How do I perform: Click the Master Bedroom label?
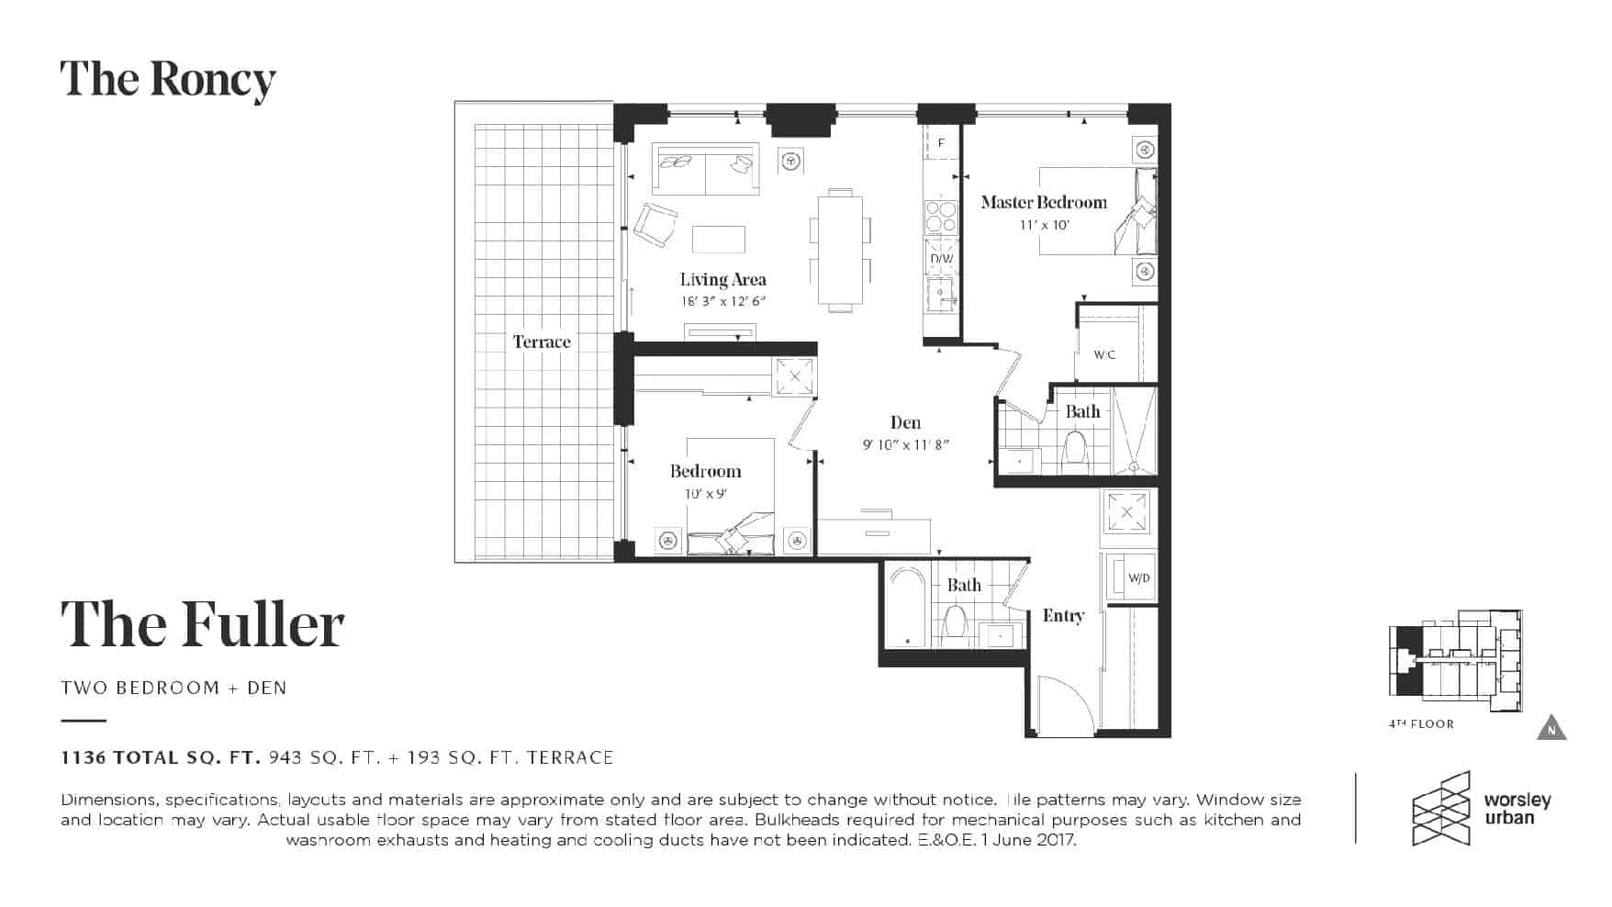1044,202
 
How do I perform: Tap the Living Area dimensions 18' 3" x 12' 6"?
723,301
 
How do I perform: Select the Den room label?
905,422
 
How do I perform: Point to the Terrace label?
542,342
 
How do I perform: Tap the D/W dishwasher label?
942,259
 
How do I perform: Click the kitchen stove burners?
941,218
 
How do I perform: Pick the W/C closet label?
1104,354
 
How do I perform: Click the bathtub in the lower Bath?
906,607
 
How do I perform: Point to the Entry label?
1063,616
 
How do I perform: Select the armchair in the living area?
655,224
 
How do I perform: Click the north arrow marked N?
1551,727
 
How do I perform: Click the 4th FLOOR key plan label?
1421,724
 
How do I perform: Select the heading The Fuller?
203,624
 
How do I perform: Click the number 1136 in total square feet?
80,757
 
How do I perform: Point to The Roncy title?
168,81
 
